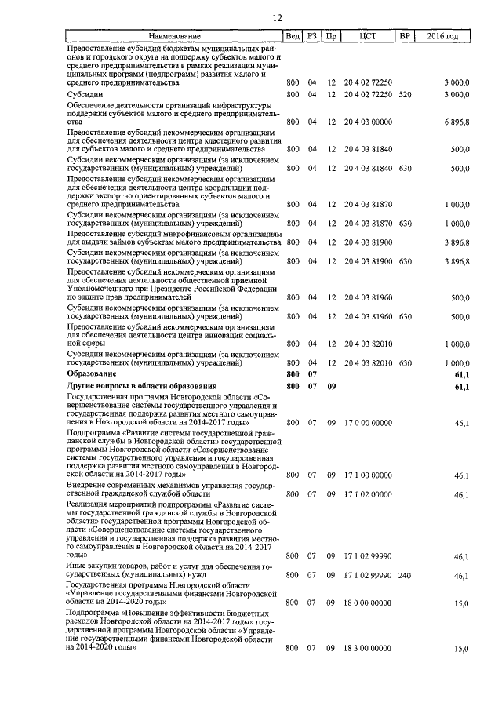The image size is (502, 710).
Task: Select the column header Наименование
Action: pyautogui.click(x=174, y=36)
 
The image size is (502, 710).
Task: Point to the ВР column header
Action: pyautogui.click(x=405, y=36)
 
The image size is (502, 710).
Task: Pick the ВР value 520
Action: pyautogui.click(x=405, y=94)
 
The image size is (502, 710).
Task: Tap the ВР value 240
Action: pyautogui.click(x=405, y=575)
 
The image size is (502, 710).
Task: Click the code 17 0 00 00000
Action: pyautogui.click(x=367, y=423)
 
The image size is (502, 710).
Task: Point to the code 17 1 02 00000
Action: pyautogui.click(x=367, y=494)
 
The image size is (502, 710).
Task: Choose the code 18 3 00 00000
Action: pyautogui.click(x=367, y=649)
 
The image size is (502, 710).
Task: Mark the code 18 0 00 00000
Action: pyautogui.click(x=367, y=603)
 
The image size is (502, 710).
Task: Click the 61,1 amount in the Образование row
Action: pyautogui.click(x=461, y=375)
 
